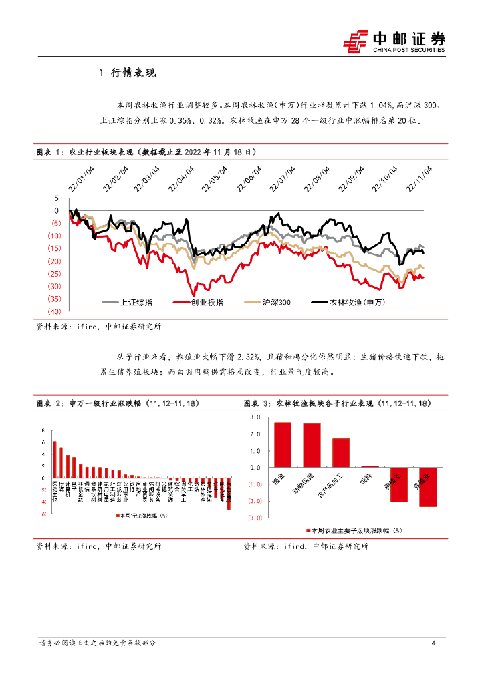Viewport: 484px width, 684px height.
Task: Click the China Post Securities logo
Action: tap(394, 42)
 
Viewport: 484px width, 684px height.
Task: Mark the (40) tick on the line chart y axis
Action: tap(54, 311)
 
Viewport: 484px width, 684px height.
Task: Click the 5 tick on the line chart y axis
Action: tap(57, 198)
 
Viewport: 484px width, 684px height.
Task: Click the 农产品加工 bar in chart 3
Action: tap(341, 452)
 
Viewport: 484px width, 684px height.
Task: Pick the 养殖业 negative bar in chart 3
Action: tap(428, 487)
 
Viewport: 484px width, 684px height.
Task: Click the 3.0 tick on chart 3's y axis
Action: tap(255, 417)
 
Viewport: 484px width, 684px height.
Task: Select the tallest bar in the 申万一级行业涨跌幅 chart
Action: tap(54, 460)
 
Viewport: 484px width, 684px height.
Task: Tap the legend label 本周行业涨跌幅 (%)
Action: tap(142, 516)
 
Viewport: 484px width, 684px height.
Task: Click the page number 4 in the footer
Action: tap(434, 643)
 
